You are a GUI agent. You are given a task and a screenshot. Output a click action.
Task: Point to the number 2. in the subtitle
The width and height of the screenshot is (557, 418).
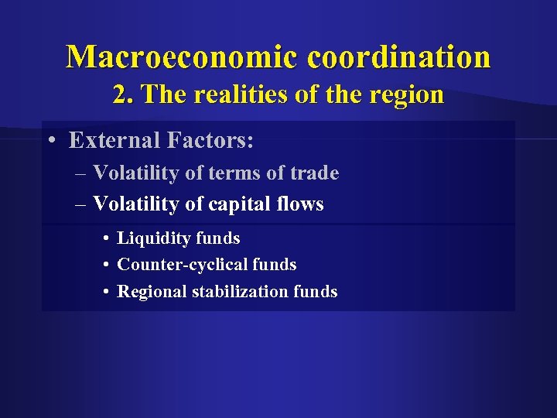click(122, 95)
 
